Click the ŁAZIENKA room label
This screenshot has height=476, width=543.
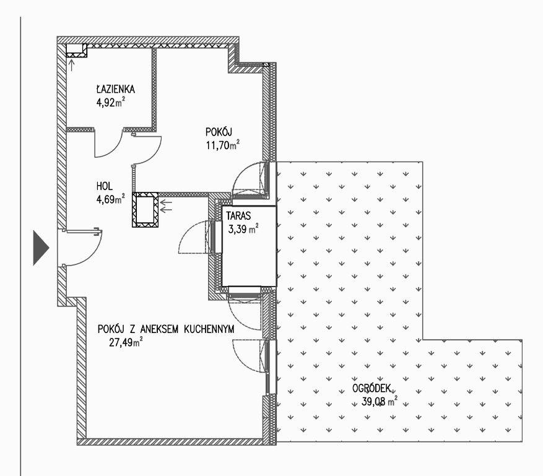coord(116,89)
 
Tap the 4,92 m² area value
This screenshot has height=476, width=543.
coord(110,102)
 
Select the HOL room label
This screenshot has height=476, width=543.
coord(104,186)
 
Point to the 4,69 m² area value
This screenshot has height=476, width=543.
coord(110,199)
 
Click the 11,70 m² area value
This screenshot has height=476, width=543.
coord(223,145)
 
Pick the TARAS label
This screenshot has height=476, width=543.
coord(238,216)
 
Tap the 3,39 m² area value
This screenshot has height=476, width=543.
coord(243,229)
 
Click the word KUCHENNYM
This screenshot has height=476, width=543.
coord(209,329)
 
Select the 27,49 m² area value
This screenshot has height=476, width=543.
coord(126,342)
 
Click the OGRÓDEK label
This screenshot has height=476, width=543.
coord(371,389)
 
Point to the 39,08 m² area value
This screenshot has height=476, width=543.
coord(379,401)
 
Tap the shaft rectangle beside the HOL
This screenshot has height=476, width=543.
coord(145,210)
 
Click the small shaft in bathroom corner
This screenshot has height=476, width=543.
coord(77,51)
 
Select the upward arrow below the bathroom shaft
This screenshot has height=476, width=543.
coord(72,66)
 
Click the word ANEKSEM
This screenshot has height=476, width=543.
coord(159,329)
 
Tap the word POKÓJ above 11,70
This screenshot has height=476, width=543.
coord(219,132)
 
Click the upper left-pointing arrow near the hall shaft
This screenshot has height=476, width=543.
coord(166,203)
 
